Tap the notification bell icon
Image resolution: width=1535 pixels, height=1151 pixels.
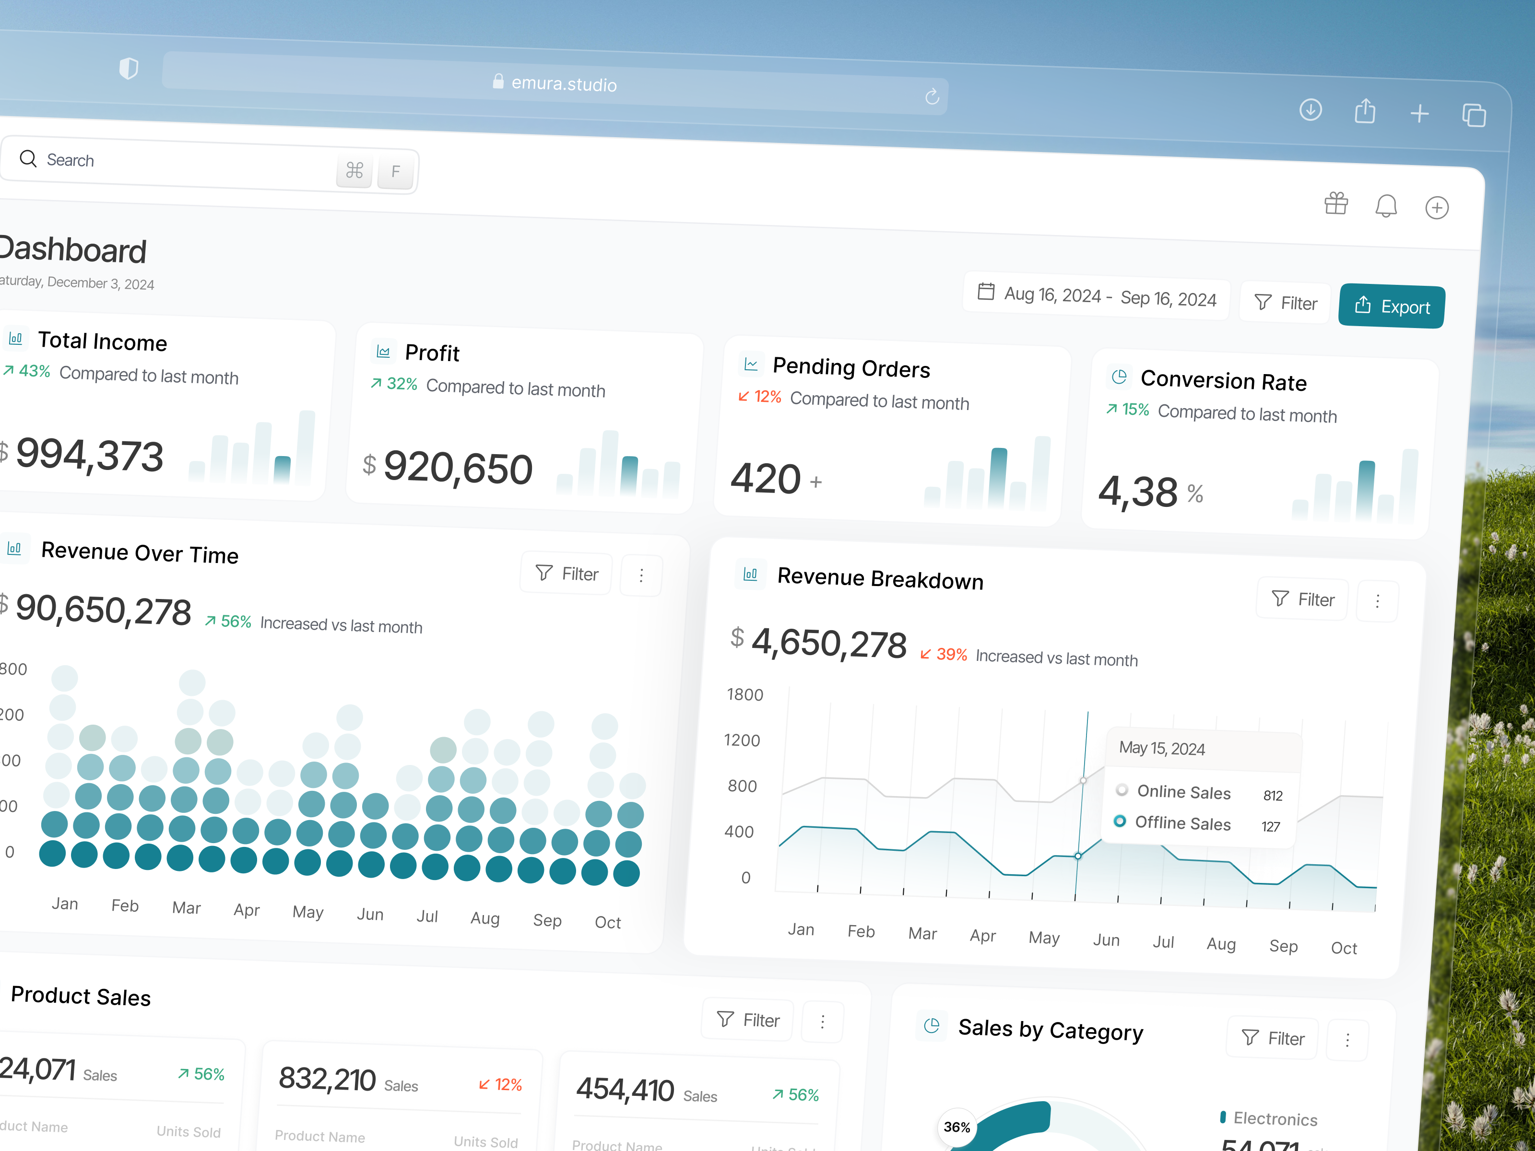pos(1386,206)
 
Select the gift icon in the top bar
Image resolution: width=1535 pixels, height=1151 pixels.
pos(1336,203)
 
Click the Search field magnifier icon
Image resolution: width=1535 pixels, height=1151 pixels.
pos(28,159)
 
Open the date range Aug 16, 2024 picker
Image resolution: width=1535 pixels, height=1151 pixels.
pos(1097,295)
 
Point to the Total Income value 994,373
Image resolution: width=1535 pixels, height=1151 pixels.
pos(90,455)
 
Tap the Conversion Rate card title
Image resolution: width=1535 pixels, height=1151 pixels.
pos(1223,380)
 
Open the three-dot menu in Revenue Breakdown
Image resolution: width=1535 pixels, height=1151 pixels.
pos(1378,601)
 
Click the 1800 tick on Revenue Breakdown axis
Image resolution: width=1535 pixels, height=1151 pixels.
pos(744,694)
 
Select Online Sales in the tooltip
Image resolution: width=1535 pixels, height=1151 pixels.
pos(1183,792)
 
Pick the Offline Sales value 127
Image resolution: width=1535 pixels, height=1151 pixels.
pos(1271,826)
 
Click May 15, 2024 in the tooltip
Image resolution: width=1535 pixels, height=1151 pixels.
pos(1162,748)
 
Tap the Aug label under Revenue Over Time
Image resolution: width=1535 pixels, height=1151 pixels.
pos(485,918)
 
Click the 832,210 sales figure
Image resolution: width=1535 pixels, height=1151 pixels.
pos(327,1080)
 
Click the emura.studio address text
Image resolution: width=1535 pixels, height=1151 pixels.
pos(564,84)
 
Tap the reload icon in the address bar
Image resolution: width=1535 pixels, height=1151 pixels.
pos(932,96)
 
